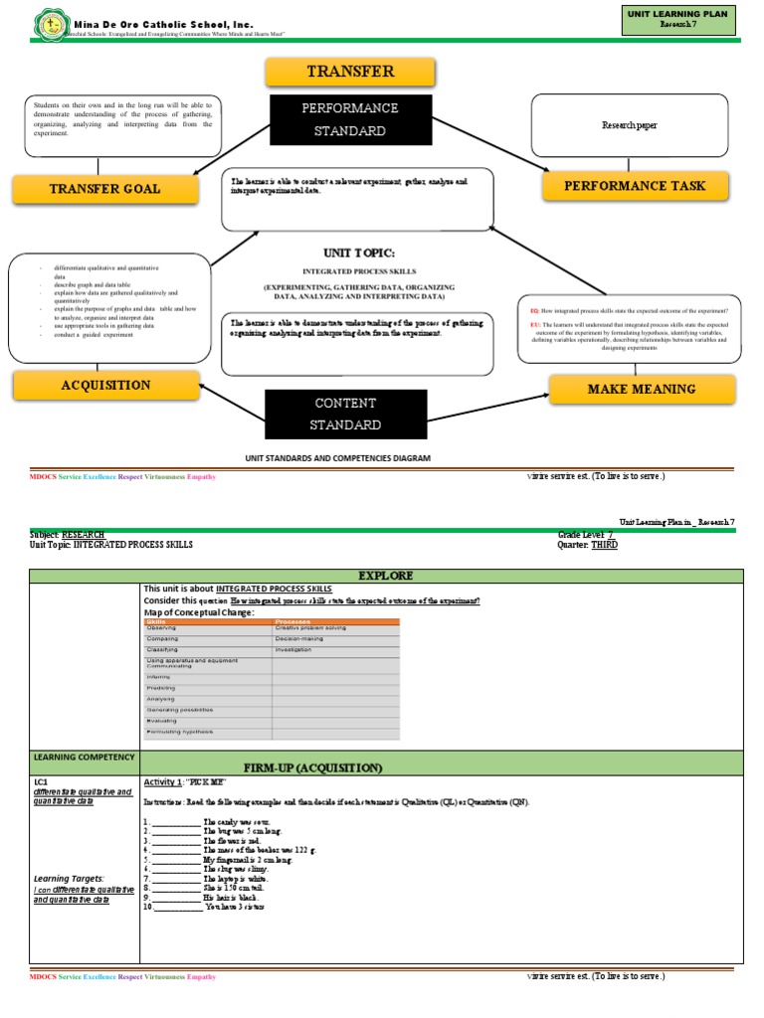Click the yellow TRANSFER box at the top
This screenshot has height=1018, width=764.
pos(350,72)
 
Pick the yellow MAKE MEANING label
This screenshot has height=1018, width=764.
pos(642,389)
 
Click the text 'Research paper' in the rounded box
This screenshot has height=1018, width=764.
pos(630,125)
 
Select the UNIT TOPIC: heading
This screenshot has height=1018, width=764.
pos(359,253)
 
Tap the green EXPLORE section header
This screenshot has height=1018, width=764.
pos(386,576)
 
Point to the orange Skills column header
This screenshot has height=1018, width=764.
pos(208,621)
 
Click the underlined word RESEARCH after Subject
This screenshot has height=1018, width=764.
pos(84,535)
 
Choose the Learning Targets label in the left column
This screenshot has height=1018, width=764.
pos(69,878)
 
